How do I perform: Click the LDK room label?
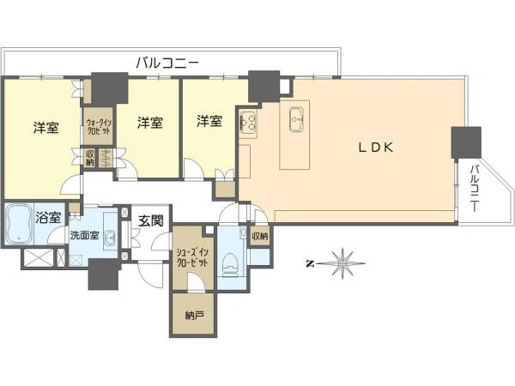pyautogui.click(x=376, y=148)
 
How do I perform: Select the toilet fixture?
pyautogui.click(x=229, y=264)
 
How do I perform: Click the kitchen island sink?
pyautogui.click(x=298, y=118)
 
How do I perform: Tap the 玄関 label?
pyautogui.click(x=150, y=221)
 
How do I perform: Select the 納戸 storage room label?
pyautogui.click(x=194, y=316)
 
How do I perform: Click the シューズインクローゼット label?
pyautogui.click(x=192, y=257)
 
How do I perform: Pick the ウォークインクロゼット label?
pyautogui.click(x=99, y=126)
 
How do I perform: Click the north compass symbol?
pyautogui.click(x=342, y=263)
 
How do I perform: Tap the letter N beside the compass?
pyautogui.click(x=309, y=263)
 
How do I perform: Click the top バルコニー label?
pyautogui.click(x=167, y=63)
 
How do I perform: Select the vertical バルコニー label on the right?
pyautogui.click(x=475, y=188)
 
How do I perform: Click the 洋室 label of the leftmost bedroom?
pyautogui.click(x=46, y=128)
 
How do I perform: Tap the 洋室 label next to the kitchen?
pyautogui.click(x=209, y=121)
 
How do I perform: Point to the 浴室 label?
pyautogui.click(x=48, y=218)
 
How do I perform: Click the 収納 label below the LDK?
pyautogui.click(x=260, y=236)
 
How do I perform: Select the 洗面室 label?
pyautogui.click(x=84, y=235)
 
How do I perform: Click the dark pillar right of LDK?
pyautogui.click(x=466, y=142)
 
